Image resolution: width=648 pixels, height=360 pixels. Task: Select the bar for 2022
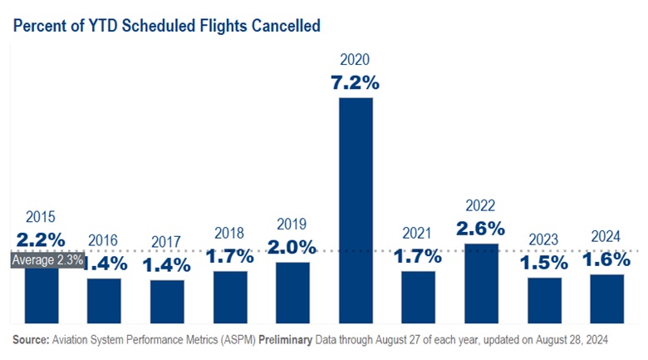click(481, 283)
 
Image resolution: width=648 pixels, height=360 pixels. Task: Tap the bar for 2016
click(104, 300)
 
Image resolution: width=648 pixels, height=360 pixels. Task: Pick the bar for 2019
click(292, 292)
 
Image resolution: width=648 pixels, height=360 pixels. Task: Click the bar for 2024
click(606, 298)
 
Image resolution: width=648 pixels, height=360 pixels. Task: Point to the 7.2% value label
click(356, 82)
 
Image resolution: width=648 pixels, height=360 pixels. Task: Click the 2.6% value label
click(481, 227)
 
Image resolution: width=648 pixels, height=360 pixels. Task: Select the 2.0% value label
click(292, 247)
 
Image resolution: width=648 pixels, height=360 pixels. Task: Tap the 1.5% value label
click(544, 262)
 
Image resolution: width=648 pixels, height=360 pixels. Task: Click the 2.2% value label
click(41, 240)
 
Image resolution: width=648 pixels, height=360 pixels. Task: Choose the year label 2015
click(41, 218)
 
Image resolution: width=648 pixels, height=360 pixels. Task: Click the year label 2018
click(229, 233)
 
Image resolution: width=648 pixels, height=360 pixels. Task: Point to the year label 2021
click(418, 234)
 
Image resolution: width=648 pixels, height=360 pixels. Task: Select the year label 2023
click(544, 239)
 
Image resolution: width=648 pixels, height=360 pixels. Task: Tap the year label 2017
click(166, 242)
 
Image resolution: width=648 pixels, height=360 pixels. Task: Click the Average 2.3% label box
click(47, 259)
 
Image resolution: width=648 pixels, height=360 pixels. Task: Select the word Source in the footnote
click(31, 340)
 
